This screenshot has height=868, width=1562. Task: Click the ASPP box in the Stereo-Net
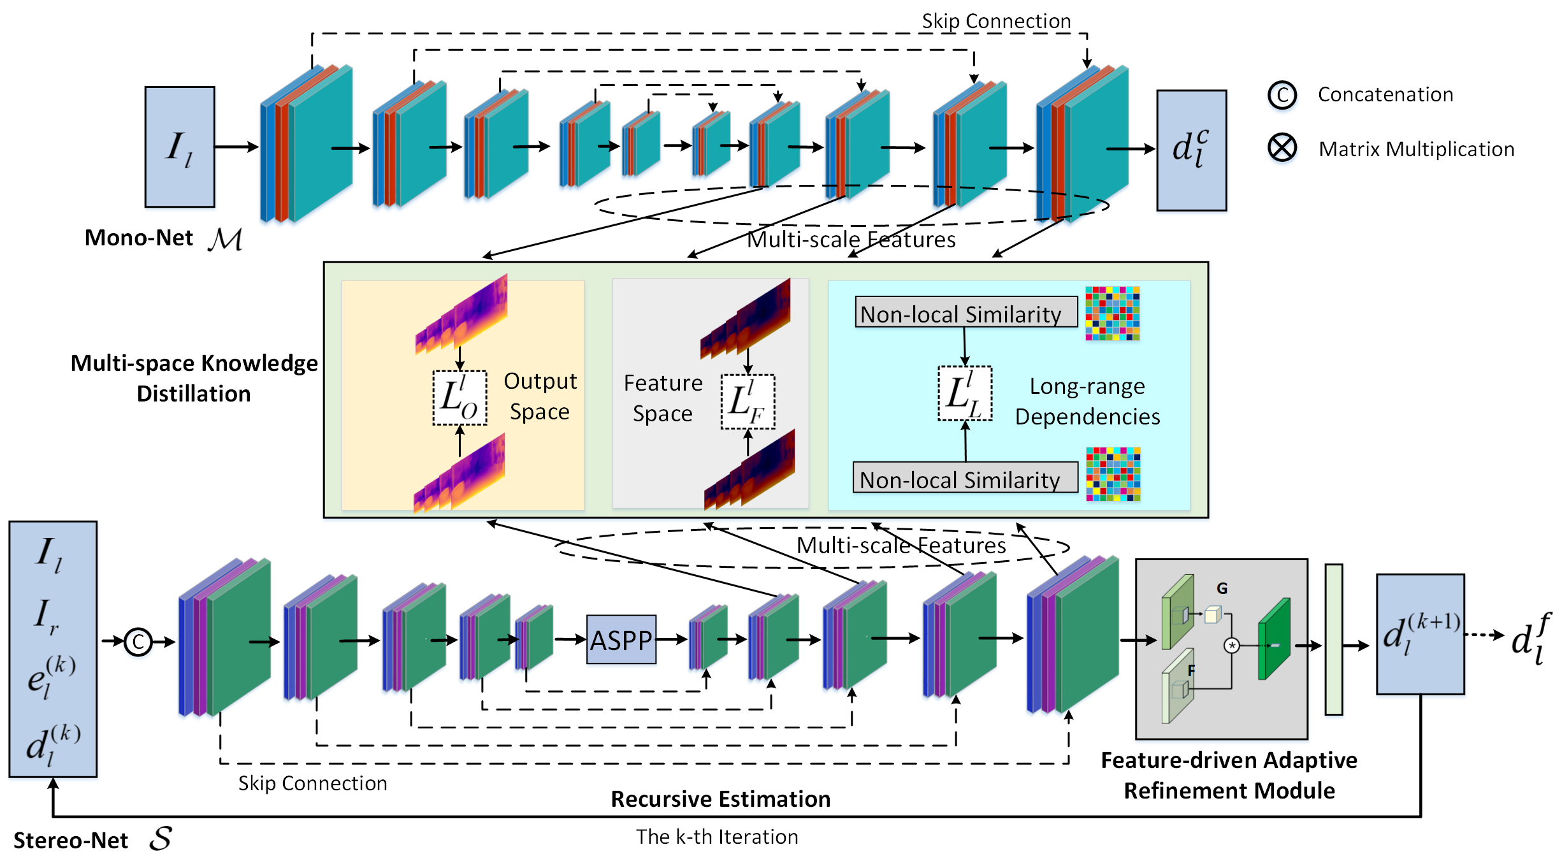(x=621, y=639)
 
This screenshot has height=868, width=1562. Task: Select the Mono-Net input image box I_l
(x=180, y=147)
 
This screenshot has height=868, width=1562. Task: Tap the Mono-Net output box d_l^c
(x=1191, y=150)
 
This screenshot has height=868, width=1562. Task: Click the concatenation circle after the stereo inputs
(x=138, y=642)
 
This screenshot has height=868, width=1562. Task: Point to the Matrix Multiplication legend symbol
(x=1282, y=148)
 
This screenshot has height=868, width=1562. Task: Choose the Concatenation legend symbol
(x=1282, y=95)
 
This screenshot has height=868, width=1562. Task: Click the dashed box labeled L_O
(x=459, y=398)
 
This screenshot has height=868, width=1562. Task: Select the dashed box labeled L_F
(x=748, y=401)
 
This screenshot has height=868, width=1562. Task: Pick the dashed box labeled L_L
(x=965, y=393)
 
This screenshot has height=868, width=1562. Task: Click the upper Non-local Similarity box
(x=965, y=312)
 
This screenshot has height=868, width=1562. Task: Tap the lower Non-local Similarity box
(x=965, y=478)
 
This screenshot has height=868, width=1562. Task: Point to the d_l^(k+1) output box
(x=1420, y=634)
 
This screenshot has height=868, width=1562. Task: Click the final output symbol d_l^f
(x=1531, y=639)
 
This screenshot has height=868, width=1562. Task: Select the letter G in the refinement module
(x=1222, y=588)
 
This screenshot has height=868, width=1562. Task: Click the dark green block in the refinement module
(x=1274, y=639)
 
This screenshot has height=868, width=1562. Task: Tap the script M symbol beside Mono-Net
(x=225, y=240)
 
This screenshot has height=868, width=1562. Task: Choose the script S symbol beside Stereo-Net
(x=161, y=839)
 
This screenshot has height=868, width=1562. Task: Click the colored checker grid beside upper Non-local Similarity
(x=1112, y=314)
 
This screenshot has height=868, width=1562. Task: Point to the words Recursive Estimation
(x=720, y=799)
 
